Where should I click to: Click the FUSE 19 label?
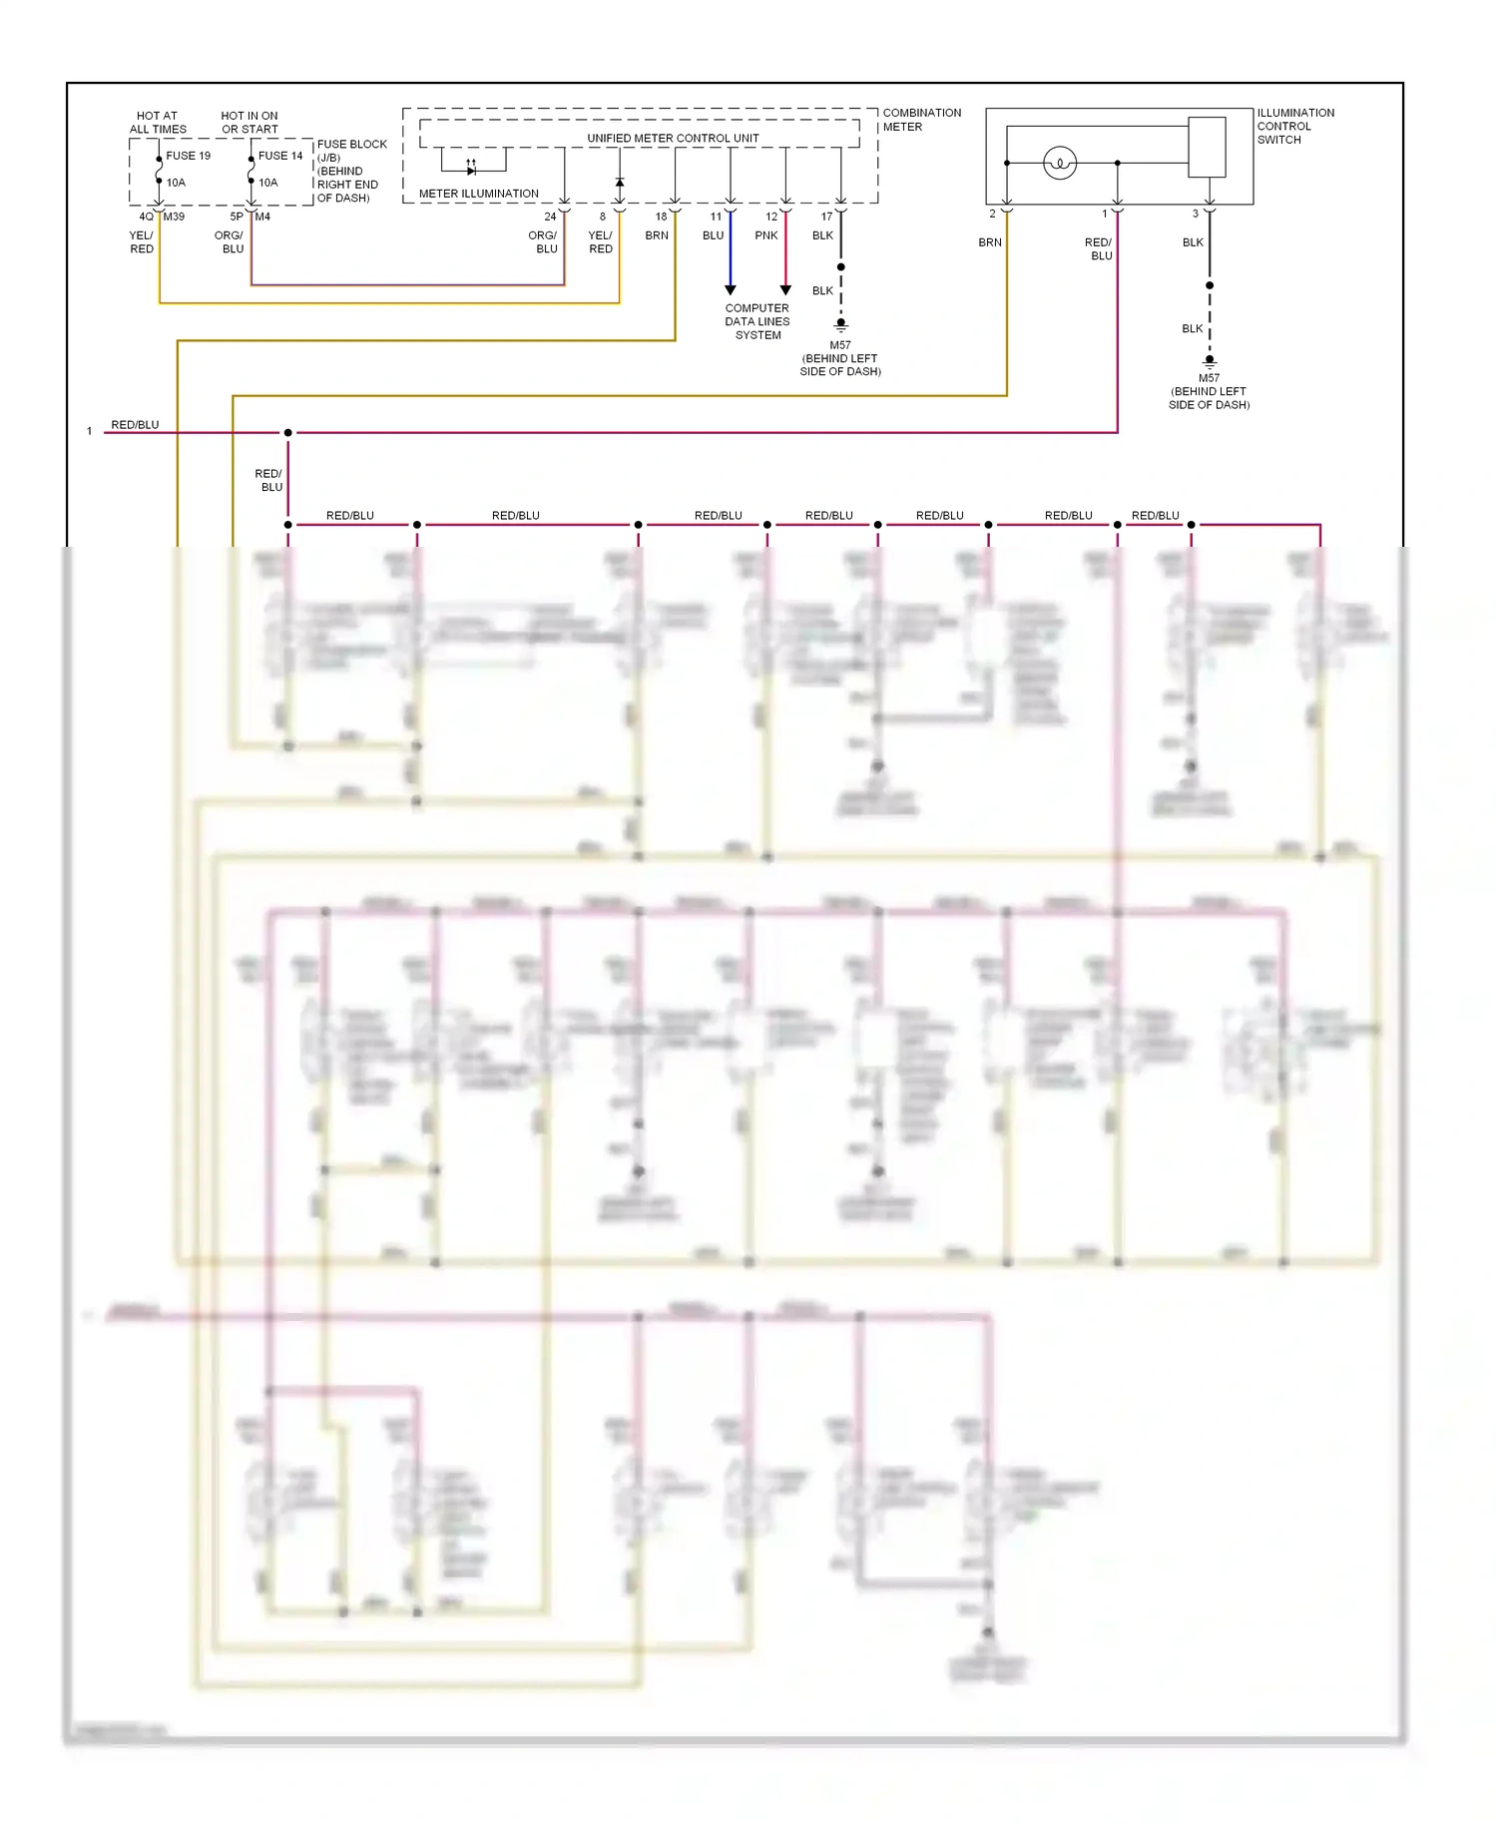tap(188, 156)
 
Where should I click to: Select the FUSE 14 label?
tap(279, 156)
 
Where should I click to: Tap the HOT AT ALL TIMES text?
tap(158, 123)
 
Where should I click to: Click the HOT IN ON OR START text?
tap(249, 123)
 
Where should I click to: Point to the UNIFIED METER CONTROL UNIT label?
tap(673, 138)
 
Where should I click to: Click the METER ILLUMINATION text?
tap(478, 194)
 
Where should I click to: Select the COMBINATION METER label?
tap(921, 120)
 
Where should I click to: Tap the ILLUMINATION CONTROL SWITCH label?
tap(1294, 127)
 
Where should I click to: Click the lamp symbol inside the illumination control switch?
tap(1060, 163)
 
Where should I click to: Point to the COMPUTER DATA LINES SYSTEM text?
tap(757, 321)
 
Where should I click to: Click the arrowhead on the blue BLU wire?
tap(731, 289)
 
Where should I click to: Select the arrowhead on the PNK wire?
tap(785, 289)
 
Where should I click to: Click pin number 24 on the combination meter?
tap(550, 217)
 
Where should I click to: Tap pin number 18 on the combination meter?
tap(661, 217)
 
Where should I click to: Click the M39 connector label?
tap(174, 217)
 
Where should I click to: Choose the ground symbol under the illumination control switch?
tap(1210, 361)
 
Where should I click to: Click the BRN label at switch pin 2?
tap(989, 242)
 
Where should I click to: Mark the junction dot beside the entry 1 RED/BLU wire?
tap(288, 433)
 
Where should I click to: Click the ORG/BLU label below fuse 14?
tap(230, 242)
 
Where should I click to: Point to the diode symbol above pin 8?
tap(620, 183)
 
